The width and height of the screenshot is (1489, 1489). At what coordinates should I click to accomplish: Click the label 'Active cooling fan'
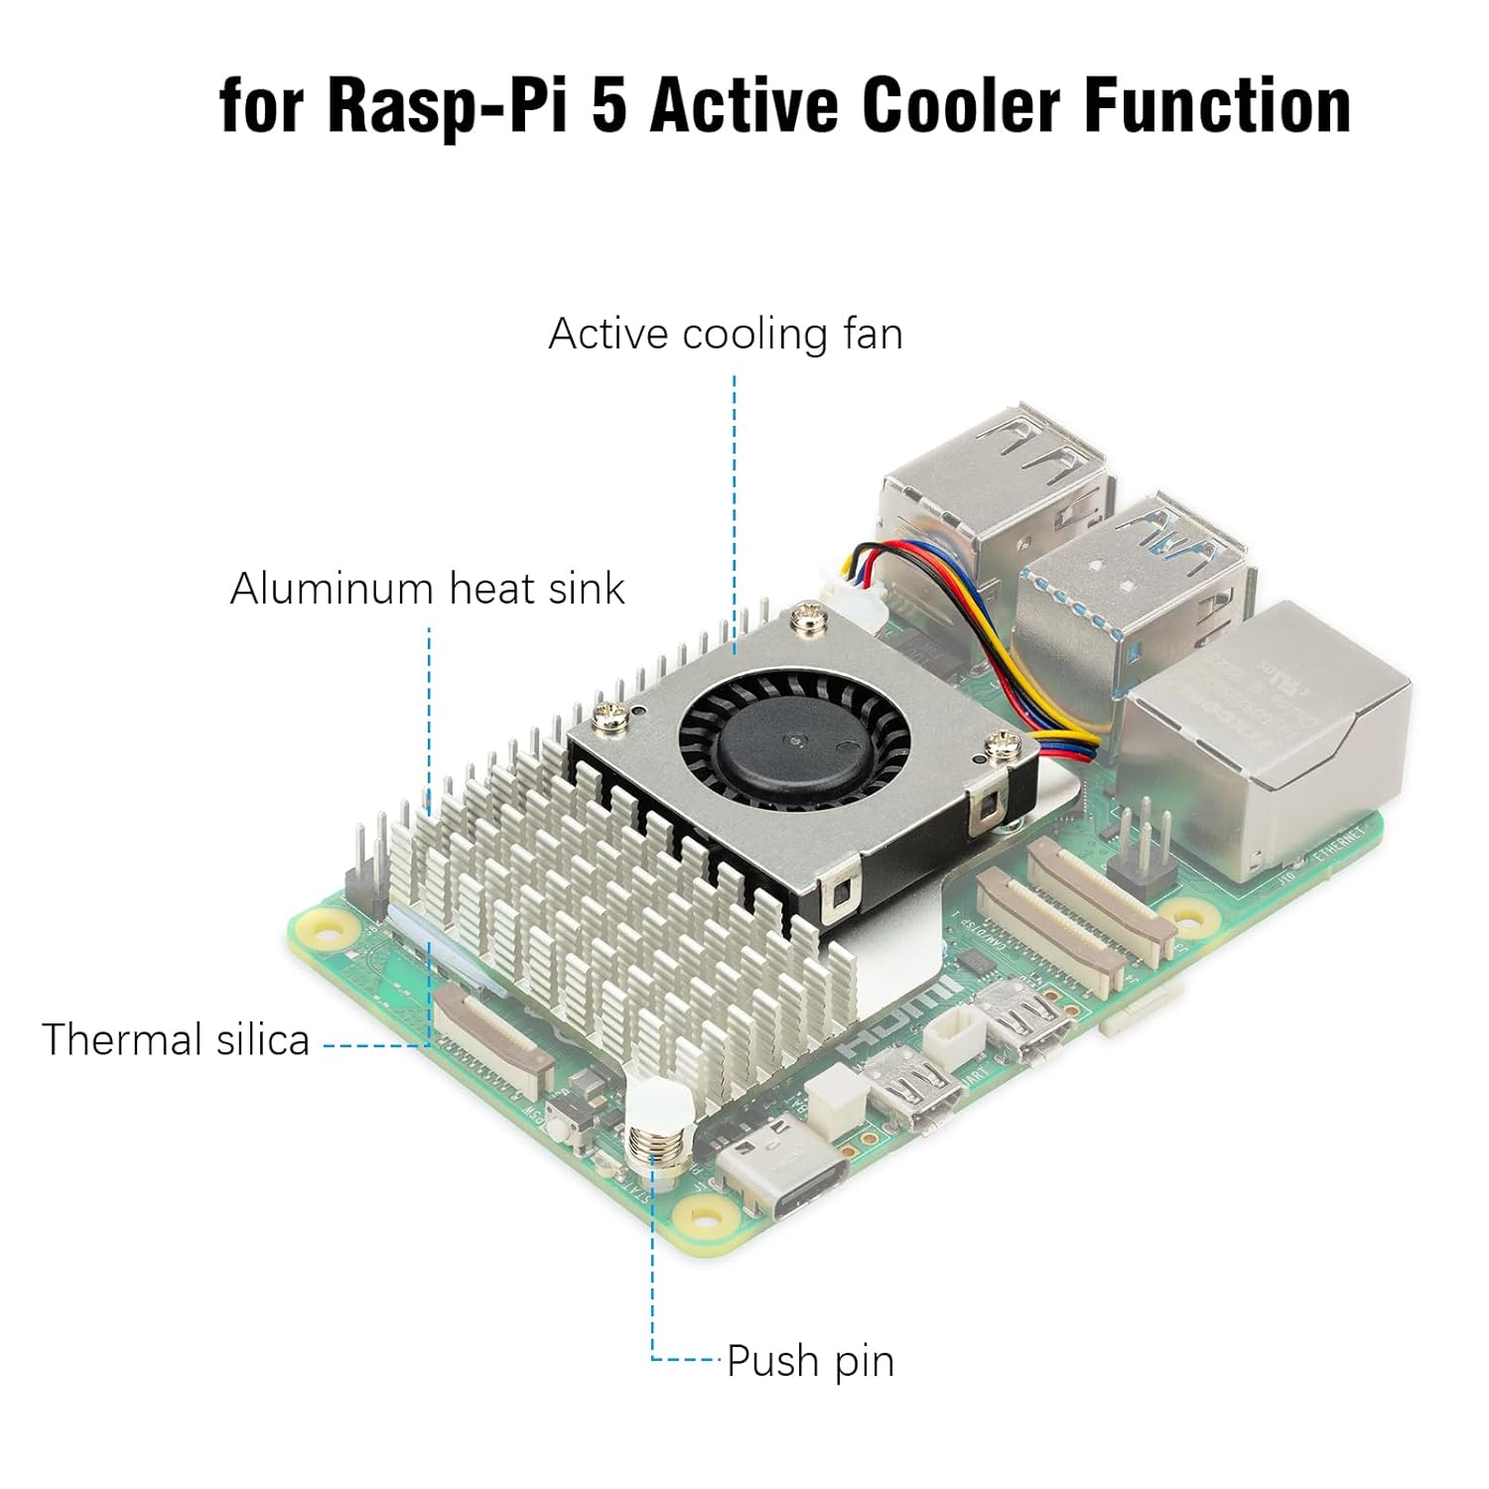tap(726, 335)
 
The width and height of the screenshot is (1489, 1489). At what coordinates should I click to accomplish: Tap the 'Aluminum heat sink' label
tap(427, 589)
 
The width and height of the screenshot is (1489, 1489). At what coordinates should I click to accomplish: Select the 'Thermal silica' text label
tap(176, 1040)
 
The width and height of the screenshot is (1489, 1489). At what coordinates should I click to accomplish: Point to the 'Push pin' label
tap(810, 1361)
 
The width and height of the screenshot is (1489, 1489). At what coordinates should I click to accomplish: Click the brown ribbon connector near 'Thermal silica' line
tap(496, 1032)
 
